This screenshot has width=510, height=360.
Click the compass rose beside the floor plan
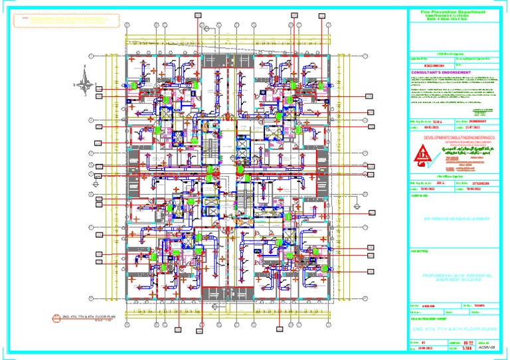click(x=83, y=84)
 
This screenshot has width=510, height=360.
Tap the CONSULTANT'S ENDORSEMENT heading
click(x=441, y=72)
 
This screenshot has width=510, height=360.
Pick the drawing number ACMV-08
click(x=489, y=346)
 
